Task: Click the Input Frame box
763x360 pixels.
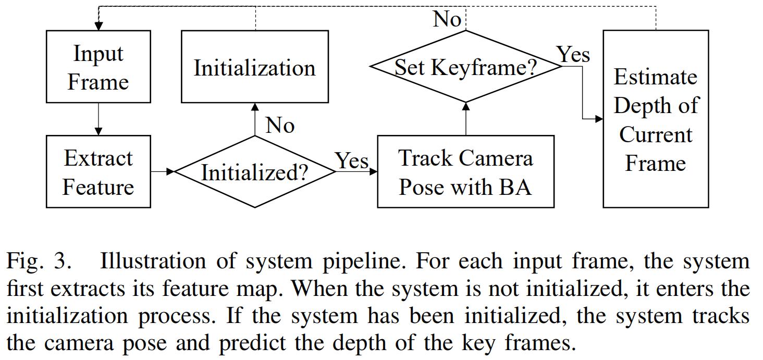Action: (99, 67)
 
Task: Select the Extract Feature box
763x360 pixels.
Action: (99, 172)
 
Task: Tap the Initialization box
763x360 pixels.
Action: (254, 67)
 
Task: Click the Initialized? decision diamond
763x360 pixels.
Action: (254, 172)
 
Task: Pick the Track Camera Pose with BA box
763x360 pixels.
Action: (465, 172)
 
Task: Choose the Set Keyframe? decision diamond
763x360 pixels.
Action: (465, 67)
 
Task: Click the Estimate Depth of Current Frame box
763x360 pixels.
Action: (655, 119)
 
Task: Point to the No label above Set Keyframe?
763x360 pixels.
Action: (447, 19)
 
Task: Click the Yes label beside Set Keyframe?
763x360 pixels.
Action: (573, 54)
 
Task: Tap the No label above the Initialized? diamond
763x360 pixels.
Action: (280, 125)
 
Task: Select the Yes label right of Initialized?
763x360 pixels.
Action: (351, 160)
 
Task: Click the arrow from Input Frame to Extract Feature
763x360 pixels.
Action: (99, 119)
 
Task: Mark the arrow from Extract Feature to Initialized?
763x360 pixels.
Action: (162, 171)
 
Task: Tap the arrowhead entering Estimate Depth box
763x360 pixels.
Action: (599, 119)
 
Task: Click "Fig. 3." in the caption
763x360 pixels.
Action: (38, 262)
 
